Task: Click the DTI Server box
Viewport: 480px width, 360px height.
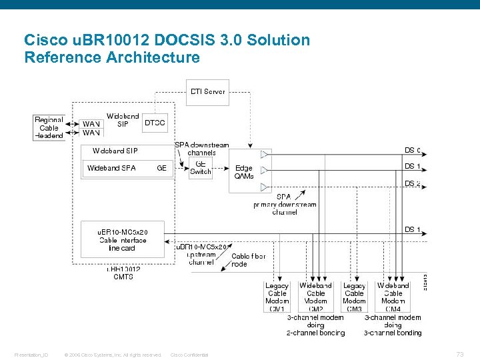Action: click(207, 92)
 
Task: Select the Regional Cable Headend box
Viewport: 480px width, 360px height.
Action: click(49, 127)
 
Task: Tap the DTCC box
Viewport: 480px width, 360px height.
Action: click(155, 122)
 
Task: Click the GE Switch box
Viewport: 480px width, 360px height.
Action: click(201, 167)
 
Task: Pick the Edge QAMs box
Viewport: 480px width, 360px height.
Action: click(244, 172)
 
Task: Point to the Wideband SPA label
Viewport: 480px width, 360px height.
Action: click(111, 168)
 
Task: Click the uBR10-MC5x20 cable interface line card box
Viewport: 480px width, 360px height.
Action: click(123, 240)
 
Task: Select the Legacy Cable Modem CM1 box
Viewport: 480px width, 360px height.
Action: click(277, 297)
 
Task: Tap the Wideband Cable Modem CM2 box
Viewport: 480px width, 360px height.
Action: click(315, 297)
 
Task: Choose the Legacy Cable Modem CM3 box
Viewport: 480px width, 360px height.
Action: click(354, 297)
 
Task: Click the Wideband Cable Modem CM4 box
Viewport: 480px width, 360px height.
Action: click(393, 297)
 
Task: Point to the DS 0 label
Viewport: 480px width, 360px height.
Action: click(412, 150)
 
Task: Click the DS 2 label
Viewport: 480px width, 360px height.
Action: click(412, 183)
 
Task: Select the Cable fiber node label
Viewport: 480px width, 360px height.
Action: click(248, 260)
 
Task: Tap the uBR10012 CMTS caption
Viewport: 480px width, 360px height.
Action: click(123, 273)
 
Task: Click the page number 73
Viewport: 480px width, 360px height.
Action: click(459, 354)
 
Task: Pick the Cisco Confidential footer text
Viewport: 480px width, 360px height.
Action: click(189, 355)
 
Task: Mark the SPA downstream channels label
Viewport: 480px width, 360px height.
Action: click(201, 149)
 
